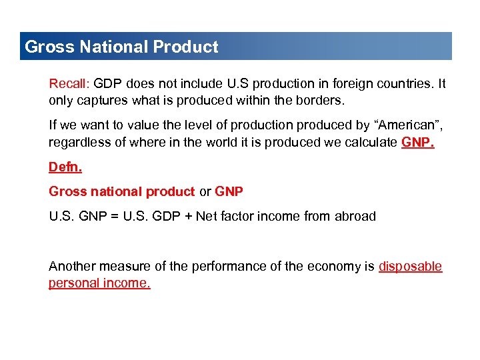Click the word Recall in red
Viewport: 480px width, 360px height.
(x=69, y=84)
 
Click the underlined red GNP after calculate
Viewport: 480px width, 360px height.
(x=417, y=142)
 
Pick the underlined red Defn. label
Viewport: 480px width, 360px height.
(x=65, y=167)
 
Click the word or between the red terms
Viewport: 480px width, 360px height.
(x=205, y=191)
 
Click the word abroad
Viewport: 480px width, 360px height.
(x=355, y=216)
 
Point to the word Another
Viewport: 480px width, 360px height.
(x=71, y=267)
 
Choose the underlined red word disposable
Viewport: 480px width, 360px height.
(x=410, y=267)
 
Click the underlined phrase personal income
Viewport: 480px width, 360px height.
(x=99, y=283)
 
